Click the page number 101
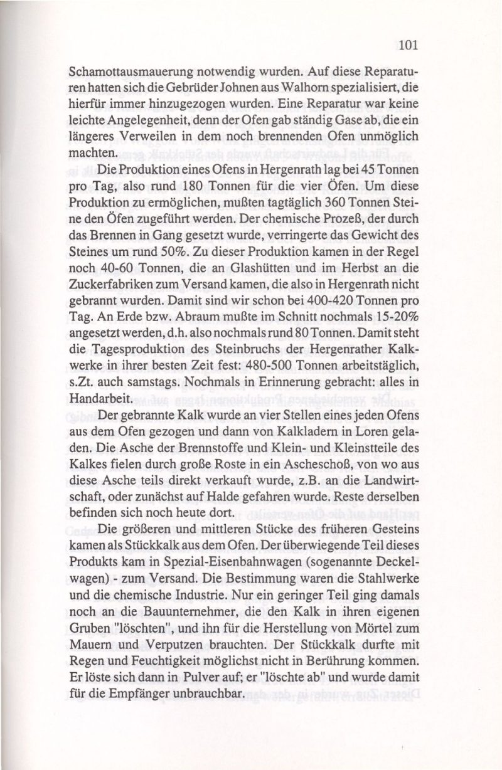[x=407, y=45]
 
